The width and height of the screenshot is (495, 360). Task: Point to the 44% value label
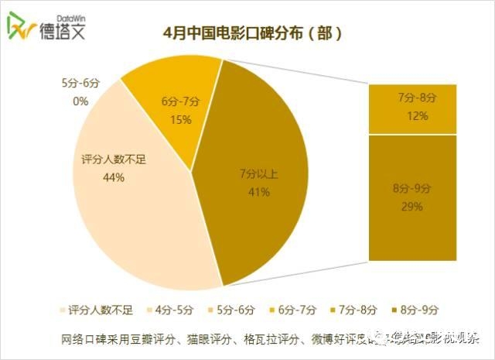click(113, 177)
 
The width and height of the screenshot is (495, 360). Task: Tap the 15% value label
click(180, 118)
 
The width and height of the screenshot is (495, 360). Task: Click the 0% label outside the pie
click(80, 101)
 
